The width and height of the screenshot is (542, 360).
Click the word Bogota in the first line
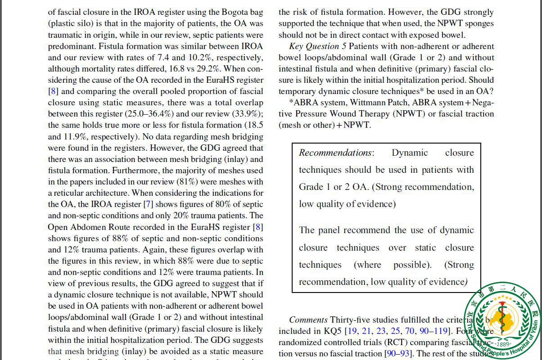point(237,12)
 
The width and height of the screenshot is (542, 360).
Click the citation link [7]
point(148,204)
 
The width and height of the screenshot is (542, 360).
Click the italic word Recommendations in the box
point(335,153)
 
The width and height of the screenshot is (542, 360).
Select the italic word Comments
point(308,320)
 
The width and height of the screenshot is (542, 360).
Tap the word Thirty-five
point(351,320)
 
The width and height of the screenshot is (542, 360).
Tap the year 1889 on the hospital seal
point(504,345)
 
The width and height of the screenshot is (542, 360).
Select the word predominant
point(71,46)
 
